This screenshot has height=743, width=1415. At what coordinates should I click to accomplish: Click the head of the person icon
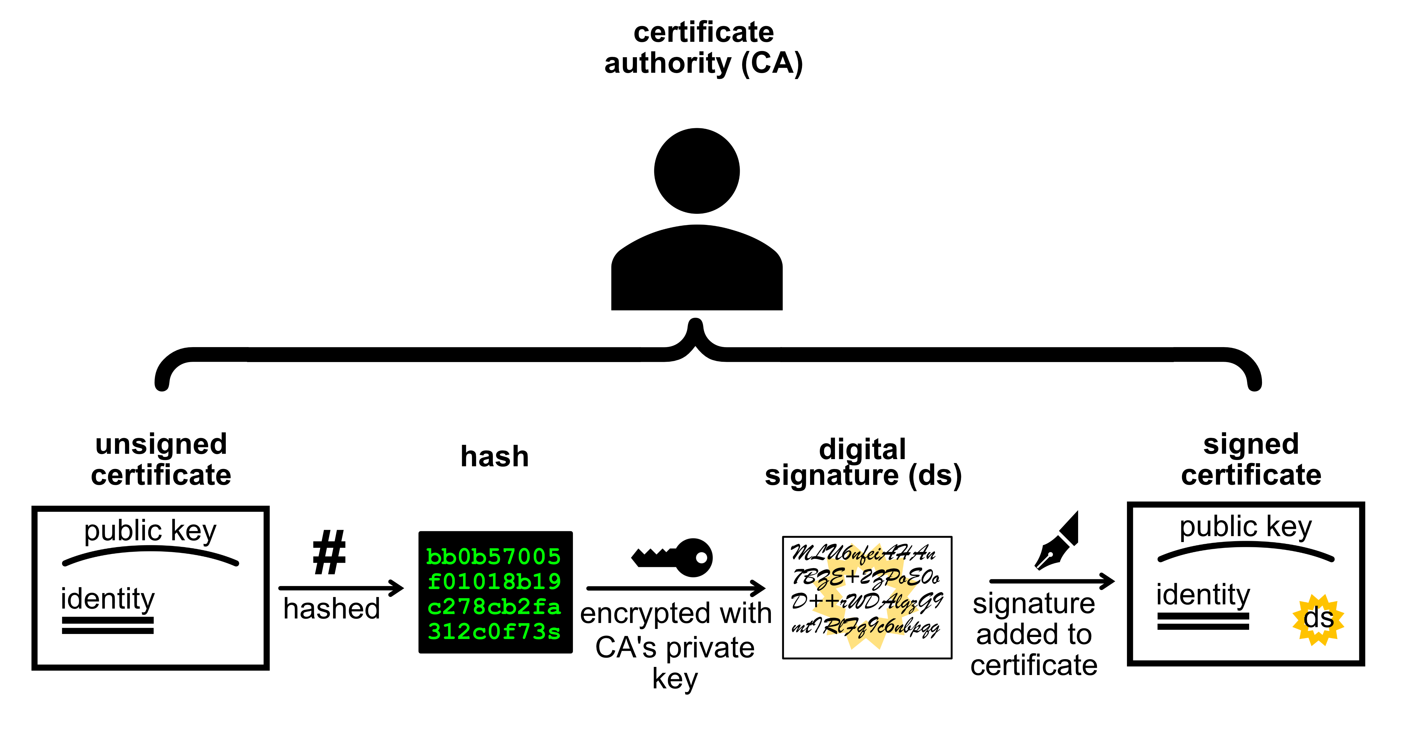coord(697,171)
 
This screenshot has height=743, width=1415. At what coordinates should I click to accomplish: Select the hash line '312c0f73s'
coord(494,632)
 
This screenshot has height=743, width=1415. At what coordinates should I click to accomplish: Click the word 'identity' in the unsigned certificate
coord(108,599)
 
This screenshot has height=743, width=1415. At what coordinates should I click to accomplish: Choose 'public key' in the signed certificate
coord(1245,527)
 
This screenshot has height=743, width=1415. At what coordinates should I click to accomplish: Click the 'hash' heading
coord(494,457)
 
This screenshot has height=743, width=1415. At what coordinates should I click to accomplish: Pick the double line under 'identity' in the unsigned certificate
coord(108,626)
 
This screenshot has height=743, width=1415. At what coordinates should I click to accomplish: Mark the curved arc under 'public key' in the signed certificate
coord(1245,549)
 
